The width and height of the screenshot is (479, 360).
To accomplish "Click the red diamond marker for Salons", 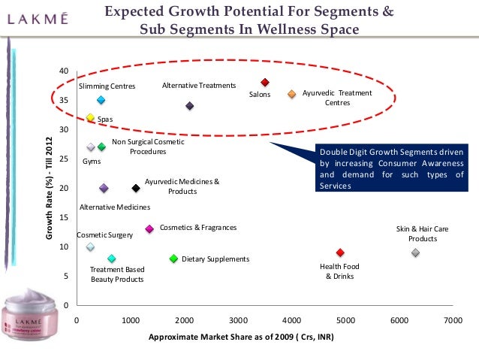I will click(265, 83).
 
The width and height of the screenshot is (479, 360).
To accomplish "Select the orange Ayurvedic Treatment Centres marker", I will click(291, 94).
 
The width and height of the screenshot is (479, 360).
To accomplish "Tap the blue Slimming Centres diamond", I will click(101, 100).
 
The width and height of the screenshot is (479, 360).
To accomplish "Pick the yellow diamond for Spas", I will click(90, 117).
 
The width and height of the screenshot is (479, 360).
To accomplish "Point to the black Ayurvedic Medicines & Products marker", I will click(136, 188).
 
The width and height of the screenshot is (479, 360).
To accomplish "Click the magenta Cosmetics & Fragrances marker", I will click(149, 228).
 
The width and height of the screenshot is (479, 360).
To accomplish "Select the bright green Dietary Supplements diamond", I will click(173, 259).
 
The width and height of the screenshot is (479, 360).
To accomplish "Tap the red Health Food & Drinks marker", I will click(340, 253).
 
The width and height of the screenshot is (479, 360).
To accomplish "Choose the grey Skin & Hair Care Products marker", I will click(415, 253).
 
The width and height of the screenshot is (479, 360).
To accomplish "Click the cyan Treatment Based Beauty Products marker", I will click(112, 259).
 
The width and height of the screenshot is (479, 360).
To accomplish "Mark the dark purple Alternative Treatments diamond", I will click(190, 106).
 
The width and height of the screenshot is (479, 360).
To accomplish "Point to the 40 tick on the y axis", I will click(65, 71).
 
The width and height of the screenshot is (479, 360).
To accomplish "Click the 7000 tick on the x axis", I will click(453, 319).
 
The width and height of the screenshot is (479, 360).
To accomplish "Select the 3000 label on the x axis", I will click(238, 319).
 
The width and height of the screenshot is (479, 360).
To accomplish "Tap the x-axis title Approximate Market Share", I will click(241, 337).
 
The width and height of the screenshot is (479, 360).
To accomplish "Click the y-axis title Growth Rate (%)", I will click(50, 188).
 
